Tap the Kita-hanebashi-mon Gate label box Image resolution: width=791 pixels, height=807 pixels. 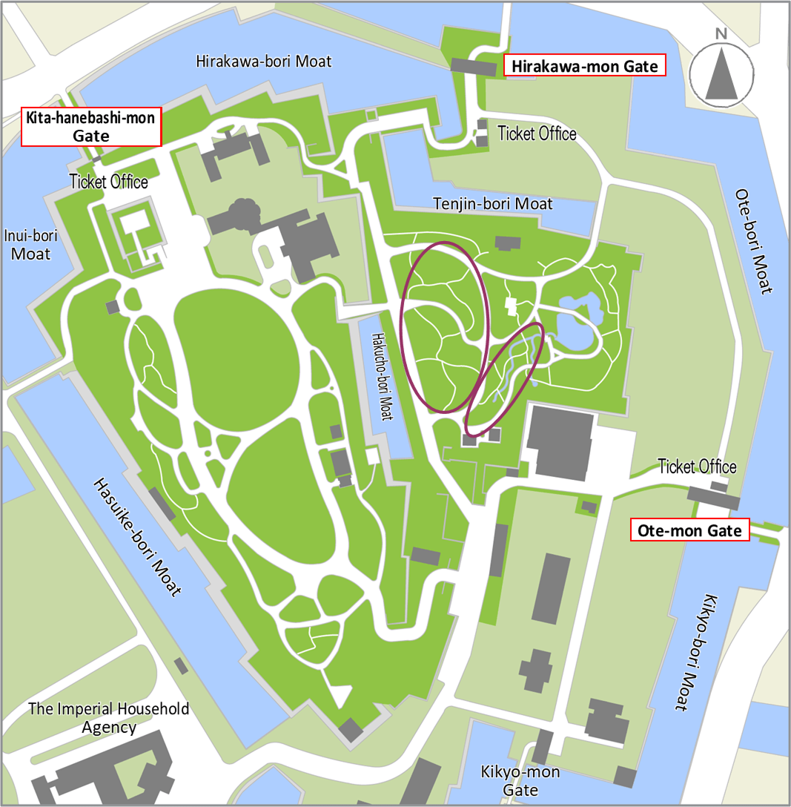91,127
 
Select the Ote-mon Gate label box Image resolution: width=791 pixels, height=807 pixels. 689,530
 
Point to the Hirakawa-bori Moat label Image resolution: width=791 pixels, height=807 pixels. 264,61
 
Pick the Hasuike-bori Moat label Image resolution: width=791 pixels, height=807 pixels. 137,538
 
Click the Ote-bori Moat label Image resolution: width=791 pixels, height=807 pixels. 755,240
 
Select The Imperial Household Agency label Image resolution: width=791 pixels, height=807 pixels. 109,717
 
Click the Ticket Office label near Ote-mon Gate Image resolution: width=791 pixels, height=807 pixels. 697,467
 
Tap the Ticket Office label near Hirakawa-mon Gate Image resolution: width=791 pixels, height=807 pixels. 537,134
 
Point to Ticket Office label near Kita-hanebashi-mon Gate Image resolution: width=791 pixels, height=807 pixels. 109,181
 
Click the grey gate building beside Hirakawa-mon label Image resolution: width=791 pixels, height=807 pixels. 473,67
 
